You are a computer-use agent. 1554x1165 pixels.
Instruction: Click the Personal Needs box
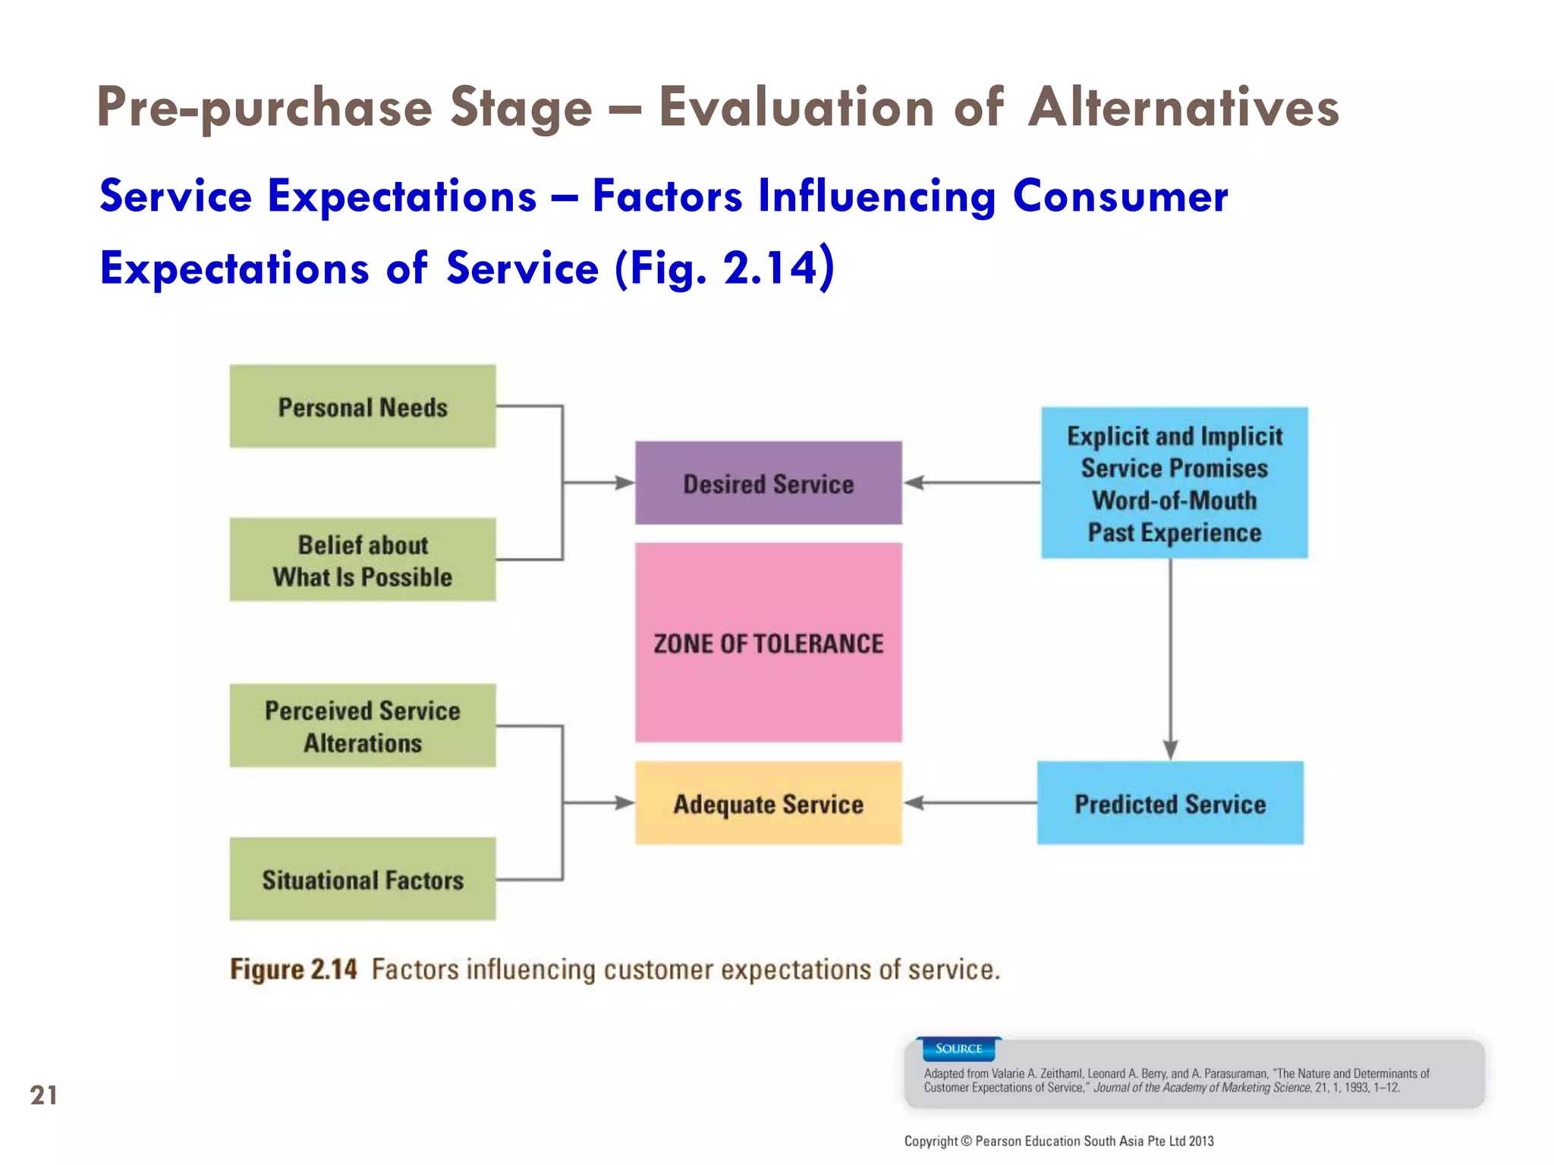(363, 407)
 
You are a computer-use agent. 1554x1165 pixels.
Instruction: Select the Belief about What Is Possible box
(363, 560)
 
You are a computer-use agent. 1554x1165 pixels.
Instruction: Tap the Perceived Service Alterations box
(363, 726)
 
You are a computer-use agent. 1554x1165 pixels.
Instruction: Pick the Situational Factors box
(363, 879)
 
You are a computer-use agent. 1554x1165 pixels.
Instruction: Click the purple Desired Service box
(768, 483)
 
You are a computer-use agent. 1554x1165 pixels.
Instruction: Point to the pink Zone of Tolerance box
(768, 642)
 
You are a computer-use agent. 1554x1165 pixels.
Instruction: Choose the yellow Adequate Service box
(768, 803)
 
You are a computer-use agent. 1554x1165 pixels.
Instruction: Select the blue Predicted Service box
(1170, 803)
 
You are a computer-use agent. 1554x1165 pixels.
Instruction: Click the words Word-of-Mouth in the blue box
(1174, 501)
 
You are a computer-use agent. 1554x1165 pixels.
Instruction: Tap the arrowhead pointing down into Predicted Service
(1170, 749)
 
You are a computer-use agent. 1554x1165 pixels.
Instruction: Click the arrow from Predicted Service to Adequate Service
(971, 802)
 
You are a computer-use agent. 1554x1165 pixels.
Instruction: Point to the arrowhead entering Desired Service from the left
(624, 482)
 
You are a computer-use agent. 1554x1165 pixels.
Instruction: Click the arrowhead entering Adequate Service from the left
(624, 802)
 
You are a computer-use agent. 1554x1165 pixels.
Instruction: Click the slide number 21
(43, 1095)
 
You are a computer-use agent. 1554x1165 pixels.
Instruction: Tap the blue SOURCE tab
(958, 1049)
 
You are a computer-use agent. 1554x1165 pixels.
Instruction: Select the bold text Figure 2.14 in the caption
(294, 969)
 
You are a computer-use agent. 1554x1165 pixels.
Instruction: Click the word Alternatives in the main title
(1184, 107)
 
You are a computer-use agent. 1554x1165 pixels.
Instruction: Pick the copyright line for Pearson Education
(1059, 1141)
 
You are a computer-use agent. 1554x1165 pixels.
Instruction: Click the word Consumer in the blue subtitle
(1120, 196)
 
